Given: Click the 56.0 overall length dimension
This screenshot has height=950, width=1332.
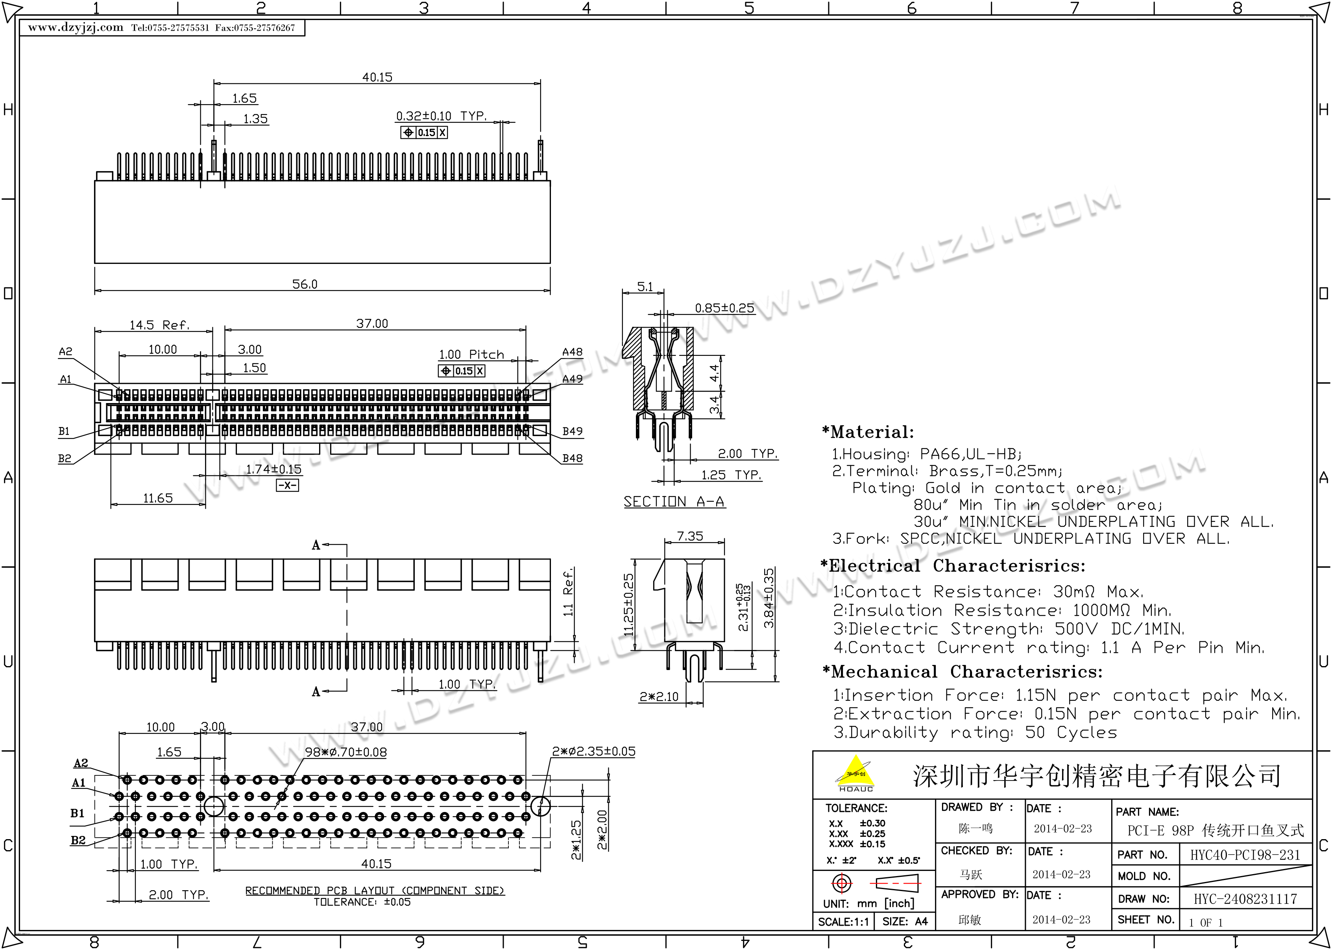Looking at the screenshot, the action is [305, 284].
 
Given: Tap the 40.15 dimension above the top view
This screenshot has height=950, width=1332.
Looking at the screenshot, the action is [377, 77].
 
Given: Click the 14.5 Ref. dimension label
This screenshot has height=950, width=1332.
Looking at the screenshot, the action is [160, 325].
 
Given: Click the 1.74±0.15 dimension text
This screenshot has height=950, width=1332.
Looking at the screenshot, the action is [274, 469].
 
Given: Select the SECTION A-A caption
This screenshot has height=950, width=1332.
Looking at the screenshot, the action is [674, 502].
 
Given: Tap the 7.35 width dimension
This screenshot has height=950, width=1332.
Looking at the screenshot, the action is [690, 536].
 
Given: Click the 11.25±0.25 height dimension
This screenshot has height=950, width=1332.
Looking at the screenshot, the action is [628, 605].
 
